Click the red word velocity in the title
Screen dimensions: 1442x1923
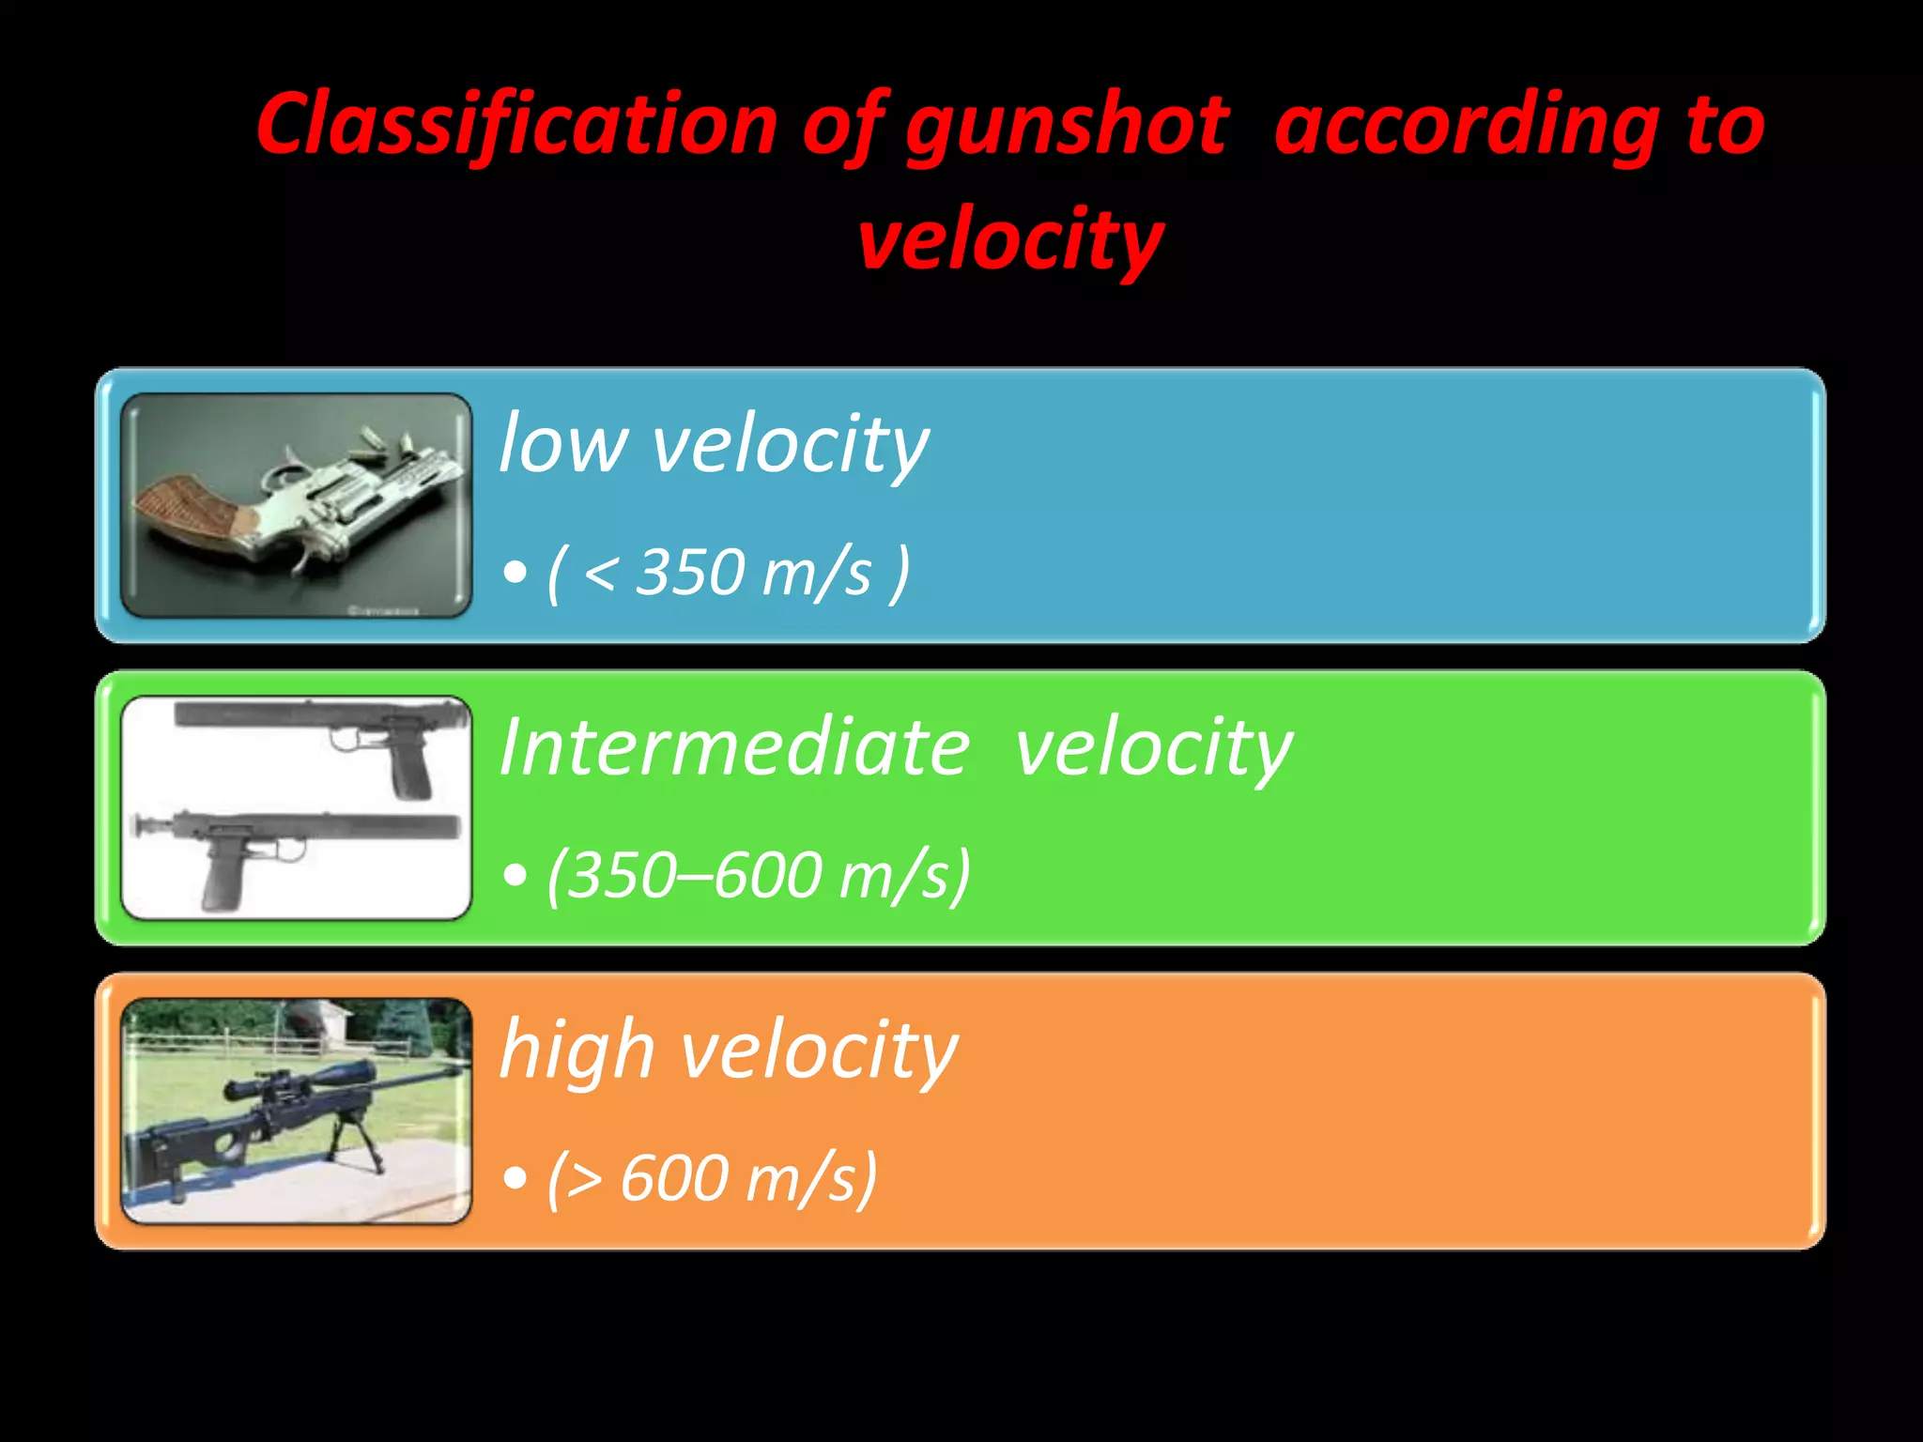coord(1010,239)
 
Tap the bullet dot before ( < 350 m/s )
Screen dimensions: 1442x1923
coord(515,572)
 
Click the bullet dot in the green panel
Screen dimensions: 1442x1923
coord(515,876)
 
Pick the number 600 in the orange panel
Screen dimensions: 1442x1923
coord(674,1177)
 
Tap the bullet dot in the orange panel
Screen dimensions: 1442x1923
coord(515,1178)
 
